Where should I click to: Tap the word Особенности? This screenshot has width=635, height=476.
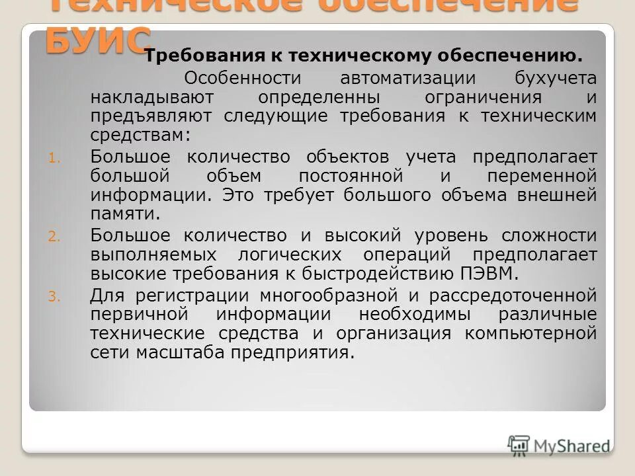242,78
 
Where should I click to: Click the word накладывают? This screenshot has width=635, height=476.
142,97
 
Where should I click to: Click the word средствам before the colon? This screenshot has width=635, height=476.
140,136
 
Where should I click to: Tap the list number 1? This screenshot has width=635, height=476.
54,158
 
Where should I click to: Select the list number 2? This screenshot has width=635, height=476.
54,236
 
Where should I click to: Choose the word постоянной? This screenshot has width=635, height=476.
351,177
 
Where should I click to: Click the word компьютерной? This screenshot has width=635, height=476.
530,333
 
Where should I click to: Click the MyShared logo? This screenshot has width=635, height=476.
560,445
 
